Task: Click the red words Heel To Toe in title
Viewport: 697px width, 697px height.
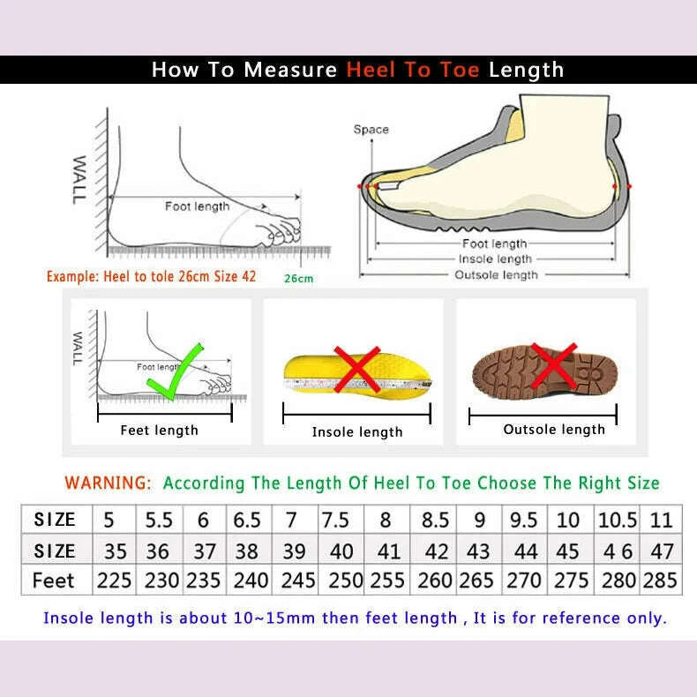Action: pos(413,70)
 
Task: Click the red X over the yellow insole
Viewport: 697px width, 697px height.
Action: pos(357,368)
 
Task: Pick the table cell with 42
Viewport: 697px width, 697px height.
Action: pos(437,551)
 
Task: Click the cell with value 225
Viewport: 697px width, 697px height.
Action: pos(116,581)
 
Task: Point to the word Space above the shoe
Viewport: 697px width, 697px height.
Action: pos(371,130)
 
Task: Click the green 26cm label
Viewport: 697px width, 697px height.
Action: pos(298,279)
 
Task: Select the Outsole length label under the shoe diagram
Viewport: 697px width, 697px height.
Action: pos(496,275)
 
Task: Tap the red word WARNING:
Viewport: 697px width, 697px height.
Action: pos(109,483)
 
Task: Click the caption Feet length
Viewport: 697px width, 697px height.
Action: pos(159,431)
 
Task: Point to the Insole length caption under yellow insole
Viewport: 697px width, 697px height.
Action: pos(357,432)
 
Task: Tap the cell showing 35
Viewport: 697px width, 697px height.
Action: pos(116,551)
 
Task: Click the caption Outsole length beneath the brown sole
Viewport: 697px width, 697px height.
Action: pos(554,430)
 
